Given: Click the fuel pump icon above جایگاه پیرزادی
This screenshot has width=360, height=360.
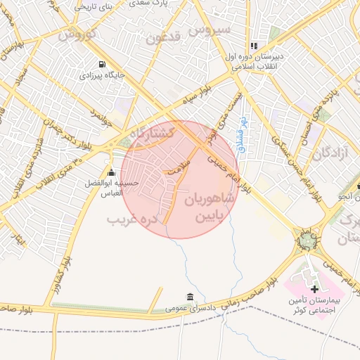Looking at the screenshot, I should click(x=103, y=63).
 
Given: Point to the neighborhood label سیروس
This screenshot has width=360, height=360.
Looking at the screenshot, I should click(x=213, y=30).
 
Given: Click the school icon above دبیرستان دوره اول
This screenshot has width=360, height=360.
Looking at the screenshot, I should click(x=254, y=46).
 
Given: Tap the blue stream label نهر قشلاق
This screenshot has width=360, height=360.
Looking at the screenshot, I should click(x=241, y=135).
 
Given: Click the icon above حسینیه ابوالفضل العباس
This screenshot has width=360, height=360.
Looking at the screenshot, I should click(x=110, y=172).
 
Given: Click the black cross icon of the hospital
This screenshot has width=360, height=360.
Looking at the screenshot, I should click(x=314, y=288).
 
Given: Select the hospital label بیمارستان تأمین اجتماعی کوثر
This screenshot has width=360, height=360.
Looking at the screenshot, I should click(x=316, y=305).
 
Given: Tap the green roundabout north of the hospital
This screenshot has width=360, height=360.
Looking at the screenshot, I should click(x=307, y=241).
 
